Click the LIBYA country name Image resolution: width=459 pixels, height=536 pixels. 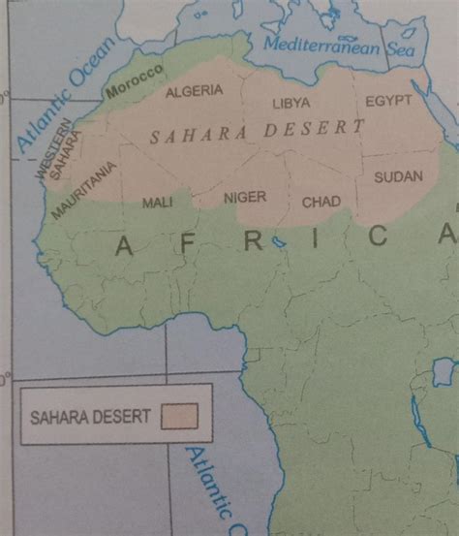point(291,102)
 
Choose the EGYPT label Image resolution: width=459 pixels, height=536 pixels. point(389,101)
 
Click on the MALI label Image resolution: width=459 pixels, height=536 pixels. point(157,203)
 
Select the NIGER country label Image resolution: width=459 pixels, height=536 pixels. point(244,197)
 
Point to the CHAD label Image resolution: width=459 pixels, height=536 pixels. point(321,202)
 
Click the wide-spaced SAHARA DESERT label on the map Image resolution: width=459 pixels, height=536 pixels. point(257,132)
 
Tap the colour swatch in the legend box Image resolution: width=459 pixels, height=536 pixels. point(181,415)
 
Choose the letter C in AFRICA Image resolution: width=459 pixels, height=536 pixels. point(378,236)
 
